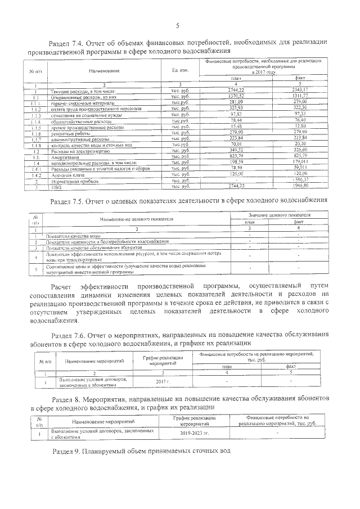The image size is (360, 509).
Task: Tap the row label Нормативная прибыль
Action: (x=71, y=181)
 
